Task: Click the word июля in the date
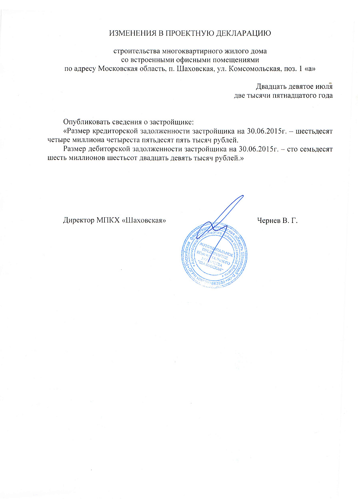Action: pos(324,86)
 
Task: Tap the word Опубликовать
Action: pos(84,122)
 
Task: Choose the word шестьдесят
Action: pos(314,131)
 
